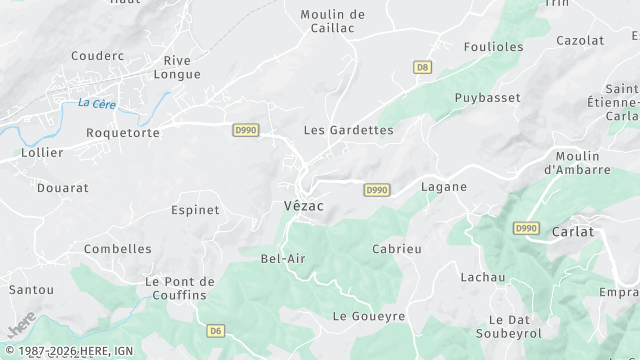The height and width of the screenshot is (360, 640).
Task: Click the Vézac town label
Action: tap(296, 205)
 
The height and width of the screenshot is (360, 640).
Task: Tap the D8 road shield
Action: tap(422, 67)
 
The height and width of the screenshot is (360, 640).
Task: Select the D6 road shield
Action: tap(216, 330)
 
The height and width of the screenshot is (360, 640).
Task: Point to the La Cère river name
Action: tap(96, 103)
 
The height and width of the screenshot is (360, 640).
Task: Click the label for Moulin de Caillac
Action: tap(333, 22)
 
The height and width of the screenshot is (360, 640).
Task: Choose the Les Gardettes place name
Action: tap(348, 130)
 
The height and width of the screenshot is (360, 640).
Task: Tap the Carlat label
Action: tap(572, 231)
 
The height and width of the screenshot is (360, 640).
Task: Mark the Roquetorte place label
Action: tap(123, 132)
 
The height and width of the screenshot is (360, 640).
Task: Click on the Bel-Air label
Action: tap(283, 258)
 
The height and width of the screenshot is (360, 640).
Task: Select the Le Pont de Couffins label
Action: tap(180, 288)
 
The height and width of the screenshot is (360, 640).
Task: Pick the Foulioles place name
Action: tap(494, 47)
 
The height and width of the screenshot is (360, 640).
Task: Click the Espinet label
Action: tap(195, 210)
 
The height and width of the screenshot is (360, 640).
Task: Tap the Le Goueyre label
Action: tap(369, 316)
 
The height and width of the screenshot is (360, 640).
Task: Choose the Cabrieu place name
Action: tap(397, 248)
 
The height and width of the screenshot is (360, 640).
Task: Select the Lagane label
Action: tap(444, 187)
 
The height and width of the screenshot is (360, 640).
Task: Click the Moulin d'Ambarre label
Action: tap(577, 163)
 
